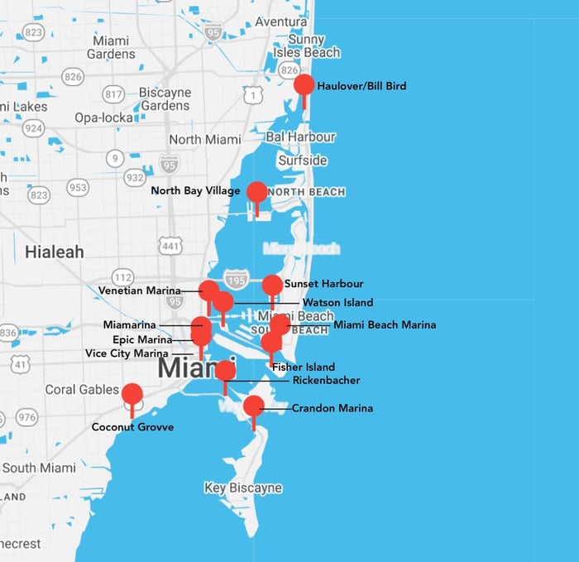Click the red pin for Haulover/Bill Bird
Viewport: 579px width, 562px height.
(304, 85)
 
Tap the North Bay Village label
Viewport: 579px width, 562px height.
(195, 191)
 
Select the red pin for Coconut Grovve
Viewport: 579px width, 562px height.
(132, 394)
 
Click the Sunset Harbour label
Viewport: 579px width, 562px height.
(323, 284)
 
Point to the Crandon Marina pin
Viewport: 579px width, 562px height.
(254, 406)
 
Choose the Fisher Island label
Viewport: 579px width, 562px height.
(304, 367)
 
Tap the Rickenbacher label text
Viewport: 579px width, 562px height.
(326, 381)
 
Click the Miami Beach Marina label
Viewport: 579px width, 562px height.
(385, 325)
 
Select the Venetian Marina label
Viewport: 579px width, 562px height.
(139, 291)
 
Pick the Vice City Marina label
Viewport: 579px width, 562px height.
(127, 353)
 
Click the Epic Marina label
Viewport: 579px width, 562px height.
(142, 339)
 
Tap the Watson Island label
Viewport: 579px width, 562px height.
(337, 303)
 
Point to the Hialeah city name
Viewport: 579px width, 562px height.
(54, 252)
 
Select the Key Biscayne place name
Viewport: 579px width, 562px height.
(243, 488)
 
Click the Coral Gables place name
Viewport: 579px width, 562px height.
(83, 389)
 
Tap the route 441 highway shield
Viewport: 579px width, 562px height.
(171, 246)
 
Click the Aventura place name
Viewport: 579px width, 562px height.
(281, 22)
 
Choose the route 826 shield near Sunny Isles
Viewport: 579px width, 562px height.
(289, 71)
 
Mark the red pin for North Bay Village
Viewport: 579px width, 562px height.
(257, 193)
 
